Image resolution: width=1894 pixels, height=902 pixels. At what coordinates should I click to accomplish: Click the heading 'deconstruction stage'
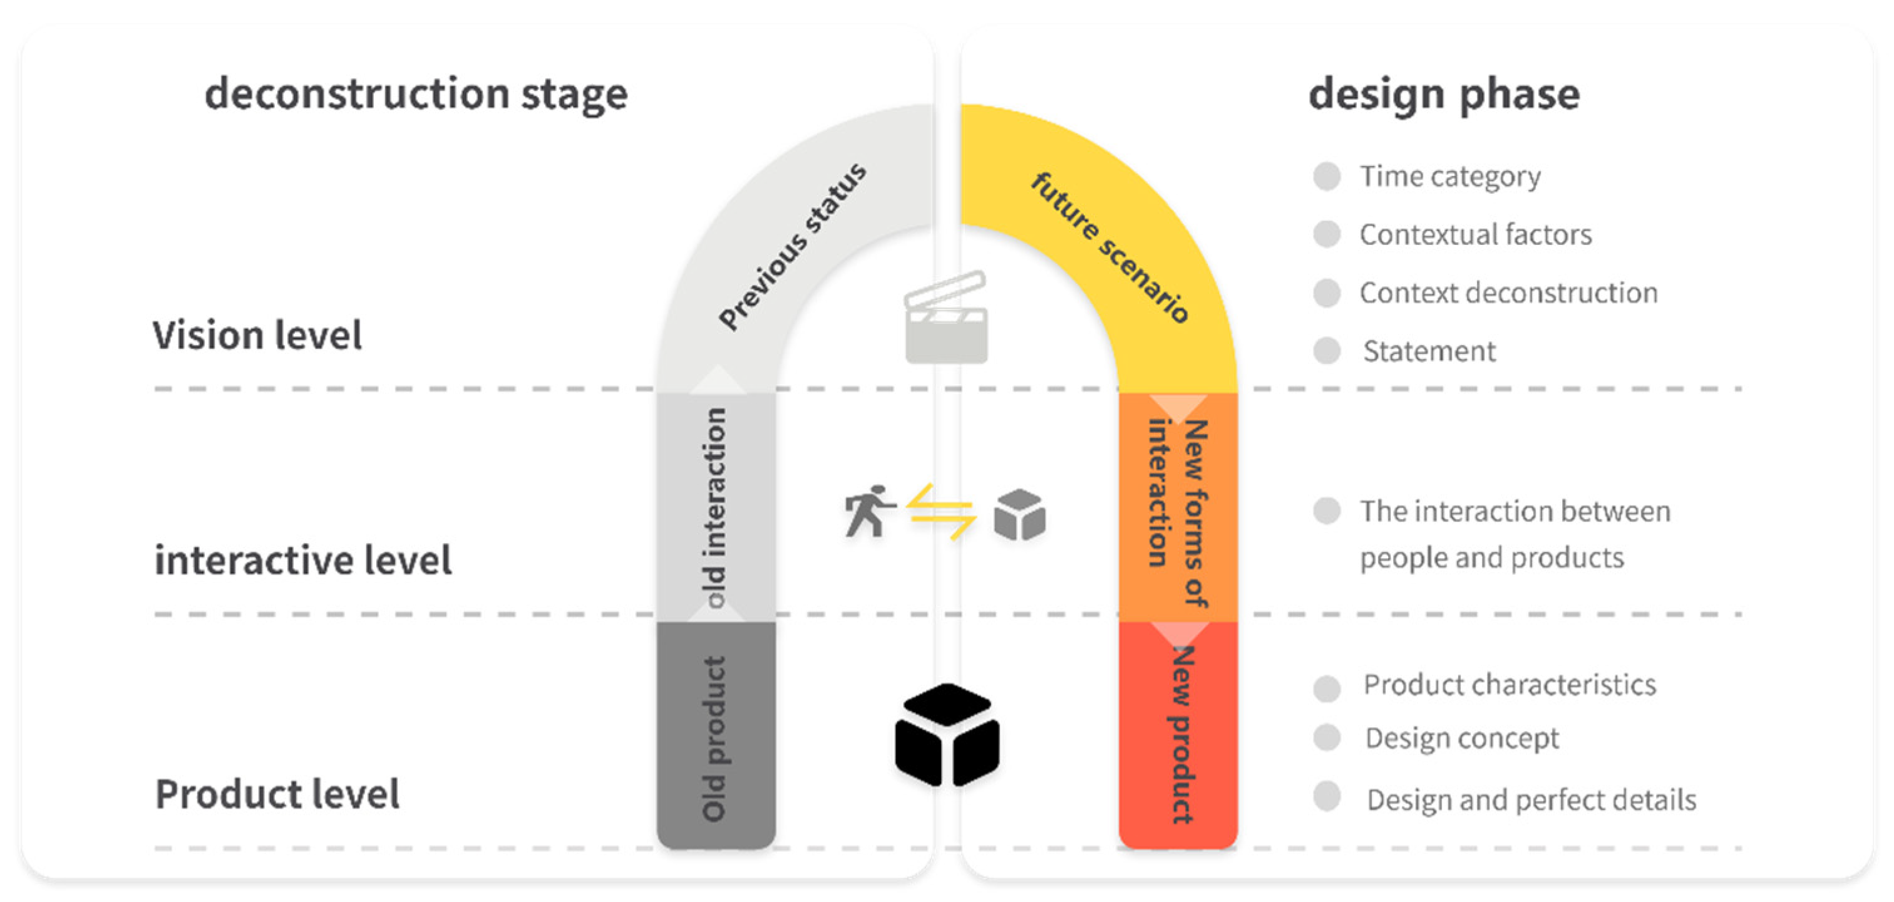(x=416, y=94)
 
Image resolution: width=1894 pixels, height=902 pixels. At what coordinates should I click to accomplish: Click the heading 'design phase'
(x=1444, y=94)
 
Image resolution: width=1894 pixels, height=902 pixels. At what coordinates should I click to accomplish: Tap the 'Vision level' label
(x=257, y=336)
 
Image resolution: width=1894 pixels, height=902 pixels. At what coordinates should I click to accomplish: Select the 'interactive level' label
(x=303, y=560)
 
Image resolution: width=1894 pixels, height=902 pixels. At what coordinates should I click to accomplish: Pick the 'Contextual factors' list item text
(x=1475, y=235)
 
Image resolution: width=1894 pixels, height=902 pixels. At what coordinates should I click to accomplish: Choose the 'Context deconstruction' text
(x=1508, y=293)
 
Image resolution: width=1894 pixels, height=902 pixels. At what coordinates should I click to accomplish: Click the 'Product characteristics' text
(x=1510, y=685)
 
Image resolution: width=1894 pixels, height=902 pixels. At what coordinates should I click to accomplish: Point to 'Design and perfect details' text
(x=1531, y=800)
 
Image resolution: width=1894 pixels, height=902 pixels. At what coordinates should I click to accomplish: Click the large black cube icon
(x=947, y=734)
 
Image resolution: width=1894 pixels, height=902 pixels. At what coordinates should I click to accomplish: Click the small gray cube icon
(x=1019, y=514)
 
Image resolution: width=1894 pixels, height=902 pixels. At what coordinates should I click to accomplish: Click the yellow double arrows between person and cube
(x=941, y=512)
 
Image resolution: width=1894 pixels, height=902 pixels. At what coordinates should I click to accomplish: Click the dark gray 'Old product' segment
(x=716, y=736)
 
